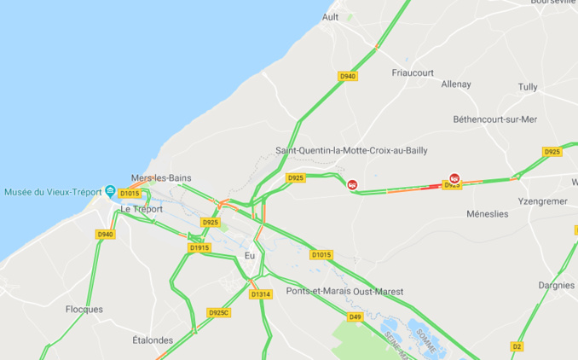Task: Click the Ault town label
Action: (x=331, y=17)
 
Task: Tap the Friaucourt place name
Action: (x=413, y=73)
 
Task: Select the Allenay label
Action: (x=456, y=84)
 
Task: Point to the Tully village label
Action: (x=528, y=87)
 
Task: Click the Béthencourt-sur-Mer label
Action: (x=495, y=119)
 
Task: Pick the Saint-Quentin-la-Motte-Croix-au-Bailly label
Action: (x=351, y=150)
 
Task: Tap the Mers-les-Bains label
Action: (x=161, y=177)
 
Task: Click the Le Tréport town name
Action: (x=142, y=209)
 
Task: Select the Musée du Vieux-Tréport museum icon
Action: (x=110, y=191)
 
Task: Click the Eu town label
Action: (x=250, y=255)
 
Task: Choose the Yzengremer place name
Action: (x=542, y=201)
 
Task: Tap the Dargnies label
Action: (x=557, y=285)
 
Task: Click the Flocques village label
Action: (x=84, y=309)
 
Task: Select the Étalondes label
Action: (x=153, y=340)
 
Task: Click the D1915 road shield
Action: (x=199, y=247)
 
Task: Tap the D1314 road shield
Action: (x=260, y=294)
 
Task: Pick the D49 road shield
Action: (x=355, y=316)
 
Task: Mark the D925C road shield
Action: (x=219, y=312)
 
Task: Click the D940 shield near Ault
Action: (x=348, y=76)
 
